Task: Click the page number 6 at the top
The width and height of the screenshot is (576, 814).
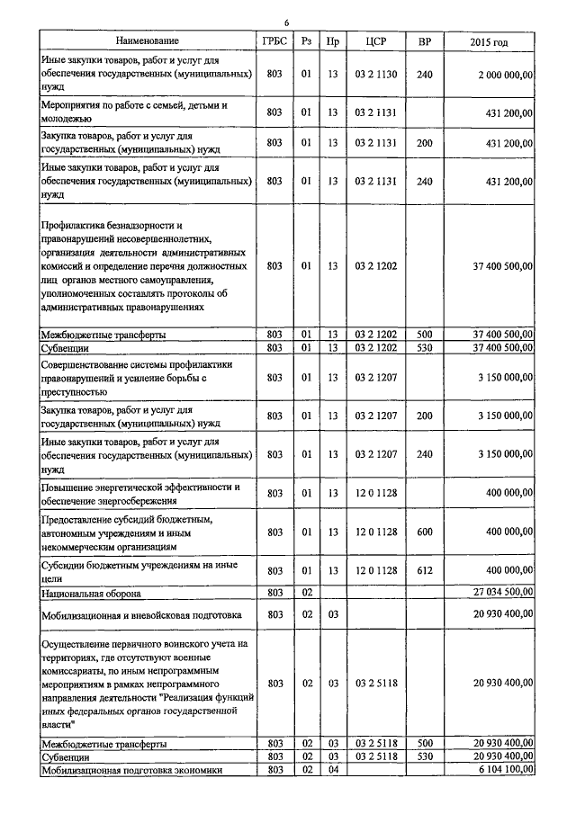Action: click(x=287, y=22)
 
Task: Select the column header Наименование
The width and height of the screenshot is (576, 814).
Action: click(x=147, y=40)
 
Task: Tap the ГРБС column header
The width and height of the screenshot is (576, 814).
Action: click(x=274, y=40)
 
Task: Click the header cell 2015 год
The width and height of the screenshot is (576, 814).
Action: click(x=489, y=41)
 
